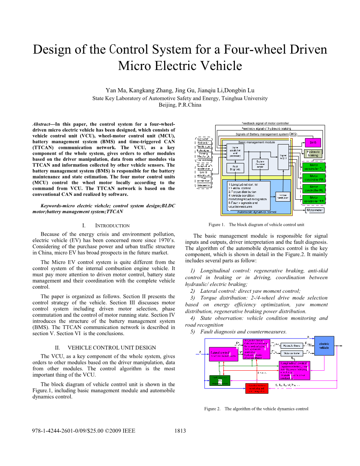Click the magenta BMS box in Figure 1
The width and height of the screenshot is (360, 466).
pyautogui.click(x=313, y=143)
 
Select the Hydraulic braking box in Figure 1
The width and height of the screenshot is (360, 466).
pyautogui.click(x=313, y=154)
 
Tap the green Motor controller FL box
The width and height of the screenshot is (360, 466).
pyautogui.click(x=313, y=167)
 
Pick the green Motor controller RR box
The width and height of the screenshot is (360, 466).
pyautogui.click(x=313, y=199)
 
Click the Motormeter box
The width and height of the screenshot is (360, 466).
pyautogui.click(x=314, y=210)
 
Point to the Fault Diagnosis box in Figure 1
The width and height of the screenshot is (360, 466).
pyautogui.click(x=235, y=168)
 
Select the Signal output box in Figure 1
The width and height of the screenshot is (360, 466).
pyautogui.click(x=283, y=155)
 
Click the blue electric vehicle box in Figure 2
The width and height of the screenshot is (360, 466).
pyautogui.click(x=324, y=346)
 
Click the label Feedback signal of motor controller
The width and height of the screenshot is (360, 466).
pyautogui.click(x=265, y=123)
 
